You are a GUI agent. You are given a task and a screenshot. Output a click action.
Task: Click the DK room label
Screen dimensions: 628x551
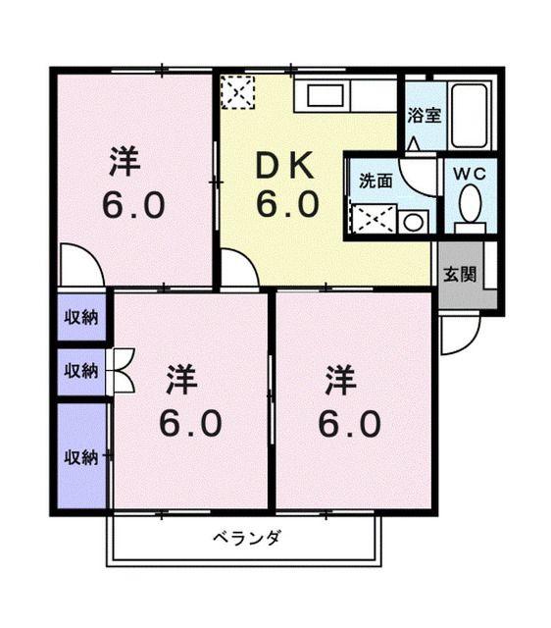[285, 168]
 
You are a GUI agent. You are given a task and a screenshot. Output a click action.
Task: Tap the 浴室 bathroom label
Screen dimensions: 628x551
[424, 114]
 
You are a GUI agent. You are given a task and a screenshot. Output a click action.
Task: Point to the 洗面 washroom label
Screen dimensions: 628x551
[375, 181]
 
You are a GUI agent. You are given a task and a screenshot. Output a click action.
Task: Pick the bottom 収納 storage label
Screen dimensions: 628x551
[81, 456]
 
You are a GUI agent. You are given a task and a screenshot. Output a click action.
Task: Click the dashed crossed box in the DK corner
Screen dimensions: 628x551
[236, 93]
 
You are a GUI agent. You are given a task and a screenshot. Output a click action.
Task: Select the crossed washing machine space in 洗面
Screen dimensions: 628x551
[372, 218]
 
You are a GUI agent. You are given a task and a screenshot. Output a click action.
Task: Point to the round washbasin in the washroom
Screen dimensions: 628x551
[412, 221]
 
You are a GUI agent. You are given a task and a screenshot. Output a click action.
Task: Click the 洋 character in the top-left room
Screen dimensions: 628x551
[123, 158]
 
